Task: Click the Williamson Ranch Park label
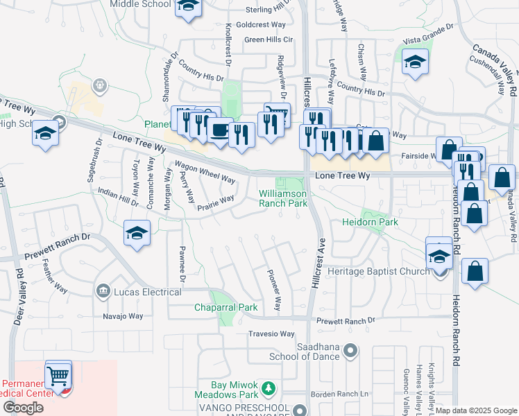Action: [283, 199]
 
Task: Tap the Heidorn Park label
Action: [370, 223]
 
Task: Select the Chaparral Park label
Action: [226, 307]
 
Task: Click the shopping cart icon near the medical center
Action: [58, 376]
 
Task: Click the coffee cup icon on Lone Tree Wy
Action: [221, 130]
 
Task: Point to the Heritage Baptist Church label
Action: [379, 271]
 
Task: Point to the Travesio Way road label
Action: [271, 333]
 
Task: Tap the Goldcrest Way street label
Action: [260, 24]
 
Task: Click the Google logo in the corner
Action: [23, 408]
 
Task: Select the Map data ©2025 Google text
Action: [476, 410]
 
